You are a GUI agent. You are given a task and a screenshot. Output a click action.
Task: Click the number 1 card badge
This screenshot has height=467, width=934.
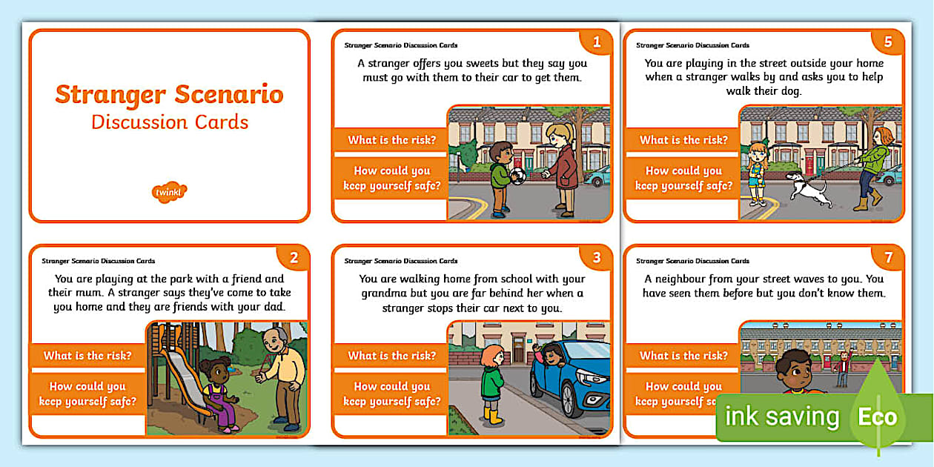[597, 42]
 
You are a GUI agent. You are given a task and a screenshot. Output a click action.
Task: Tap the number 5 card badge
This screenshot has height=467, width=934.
[889, 42]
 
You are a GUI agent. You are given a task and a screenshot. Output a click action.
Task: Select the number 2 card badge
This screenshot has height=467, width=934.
[294, 258]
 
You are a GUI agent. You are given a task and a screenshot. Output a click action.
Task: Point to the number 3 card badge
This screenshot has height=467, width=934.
[597, 258]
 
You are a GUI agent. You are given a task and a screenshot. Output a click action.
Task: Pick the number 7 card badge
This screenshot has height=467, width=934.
[889, 258]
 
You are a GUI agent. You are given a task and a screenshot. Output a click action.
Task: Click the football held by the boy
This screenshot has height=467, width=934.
[517, 177]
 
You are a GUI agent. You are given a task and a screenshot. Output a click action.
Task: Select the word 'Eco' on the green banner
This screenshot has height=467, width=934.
[878, 417]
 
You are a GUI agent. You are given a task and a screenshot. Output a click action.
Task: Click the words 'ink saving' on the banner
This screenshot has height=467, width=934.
[781, 417]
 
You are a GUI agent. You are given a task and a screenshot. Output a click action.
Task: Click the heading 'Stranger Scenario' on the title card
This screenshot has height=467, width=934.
[169, 95]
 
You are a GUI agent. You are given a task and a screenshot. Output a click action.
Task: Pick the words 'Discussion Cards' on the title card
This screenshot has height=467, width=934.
[169, 122]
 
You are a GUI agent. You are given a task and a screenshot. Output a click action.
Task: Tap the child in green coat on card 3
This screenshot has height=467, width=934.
[491, 385]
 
